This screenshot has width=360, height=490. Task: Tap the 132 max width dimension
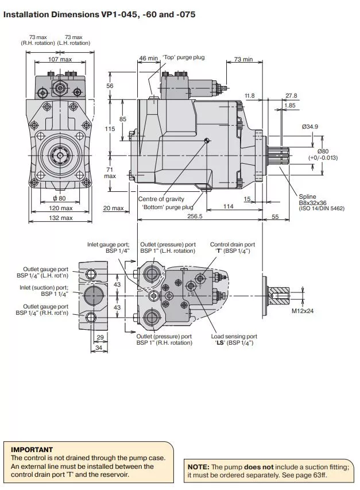pos(60,218)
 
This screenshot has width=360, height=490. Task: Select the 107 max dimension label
pos(60,60)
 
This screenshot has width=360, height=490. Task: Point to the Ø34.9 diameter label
pos(310,126)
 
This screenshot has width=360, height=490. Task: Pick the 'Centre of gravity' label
pos(161,199)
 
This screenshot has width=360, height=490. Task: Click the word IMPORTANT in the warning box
pos(32,449)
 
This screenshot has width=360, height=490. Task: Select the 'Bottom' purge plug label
pos(168,207)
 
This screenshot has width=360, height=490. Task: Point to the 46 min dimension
pos(148,58)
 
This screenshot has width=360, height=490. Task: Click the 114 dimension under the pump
pos(229,206)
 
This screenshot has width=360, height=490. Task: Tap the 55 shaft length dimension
pos(274,217)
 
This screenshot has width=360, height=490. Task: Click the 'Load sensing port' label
pos(234,336)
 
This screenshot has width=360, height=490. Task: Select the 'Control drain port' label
pos(232,245)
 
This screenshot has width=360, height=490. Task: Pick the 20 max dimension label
pos(113,208)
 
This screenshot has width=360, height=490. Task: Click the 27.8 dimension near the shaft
pos(291,95)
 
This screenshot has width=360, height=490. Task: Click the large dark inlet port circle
pos(93,296)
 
